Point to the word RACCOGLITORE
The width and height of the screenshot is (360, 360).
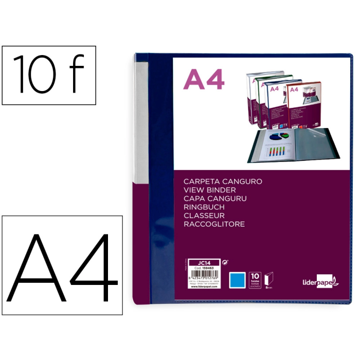pyautogui.click(x=214, y=224)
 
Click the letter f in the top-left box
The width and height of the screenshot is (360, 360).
pyautogui.click(x=76, y=75)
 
